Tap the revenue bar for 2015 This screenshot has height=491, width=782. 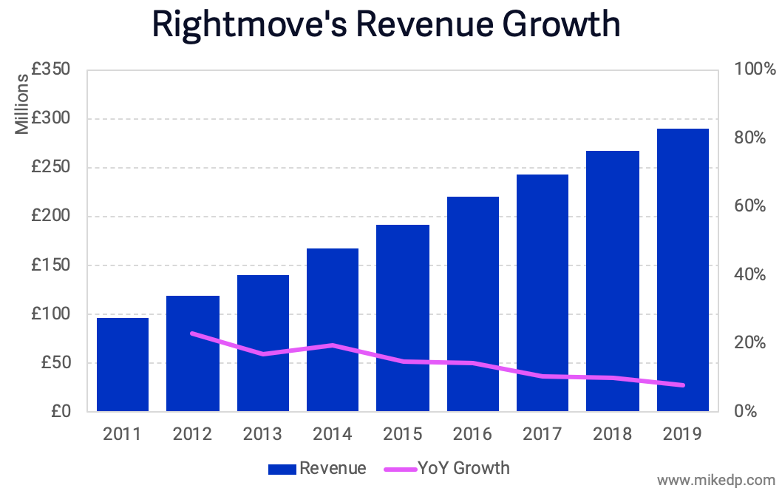(402, 318)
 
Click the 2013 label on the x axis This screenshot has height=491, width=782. (262, 434)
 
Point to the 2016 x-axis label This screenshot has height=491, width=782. (472, 434)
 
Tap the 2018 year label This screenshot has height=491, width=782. (612, 434)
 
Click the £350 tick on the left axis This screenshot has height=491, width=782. (50, 70)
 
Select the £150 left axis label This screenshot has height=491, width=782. (50, 265)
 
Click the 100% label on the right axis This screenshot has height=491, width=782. (755, 70)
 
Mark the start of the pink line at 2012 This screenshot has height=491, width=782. (192, 333)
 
